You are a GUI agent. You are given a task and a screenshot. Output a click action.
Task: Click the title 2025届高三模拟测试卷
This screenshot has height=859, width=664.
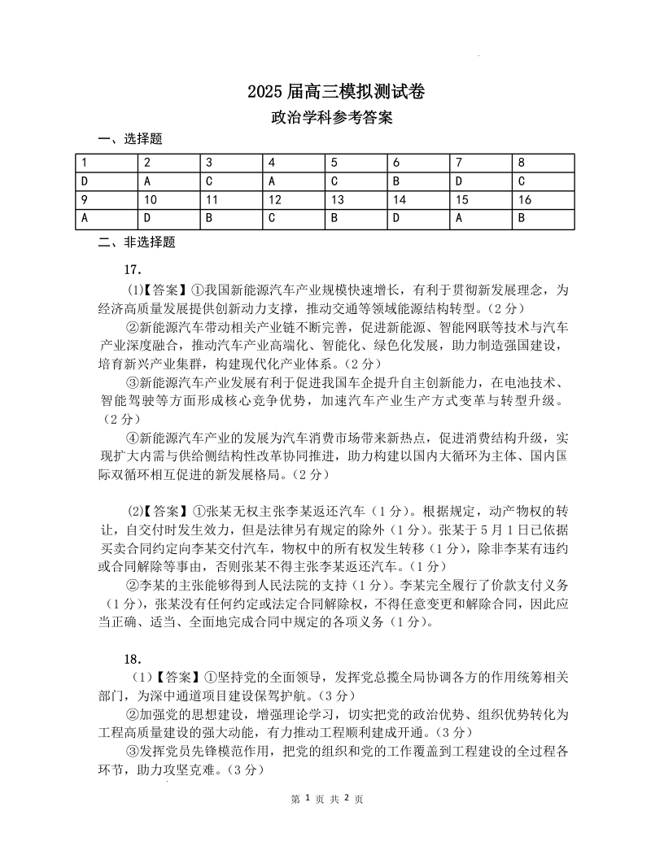tap(331, 92)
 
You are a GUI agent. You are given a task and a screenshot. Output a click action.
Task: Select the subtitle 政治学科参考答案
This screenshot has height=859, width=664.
tap(331, 118)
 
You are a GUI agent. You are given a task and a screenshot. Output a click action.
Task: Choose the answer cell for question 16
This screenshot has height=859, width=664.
tap(522, 218)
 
